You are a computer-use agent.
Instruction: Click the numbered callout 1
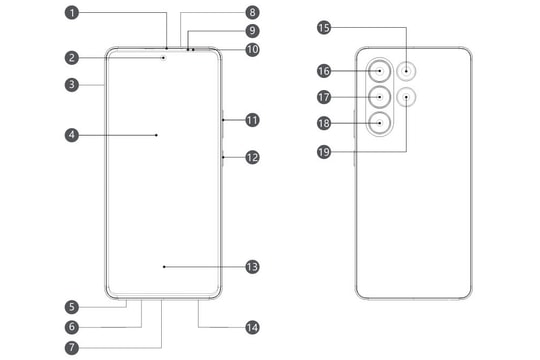point(73,13)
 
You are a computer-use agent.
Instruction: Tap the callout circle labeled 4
point(73,133)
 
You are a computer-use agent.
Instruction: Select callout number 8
point(252,13)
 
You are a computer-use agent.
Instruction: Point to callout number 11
point(252,120)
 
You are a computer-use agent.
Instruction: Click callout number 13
point(252,267)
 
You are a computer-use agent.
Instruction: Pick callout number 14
point(252,327)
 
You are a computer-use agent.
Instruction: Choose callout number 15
point(323,29)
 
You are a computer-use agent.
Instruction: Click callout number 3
point(73,85)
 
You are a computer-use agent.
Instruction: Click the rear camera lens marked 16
point(381,72)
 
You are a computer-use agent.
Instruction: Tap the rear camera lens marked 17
point(381,97)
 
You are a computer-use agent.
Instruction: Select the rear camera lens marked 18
point(381,123)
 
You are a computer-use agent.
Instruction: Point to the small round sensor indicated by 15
point(407,72)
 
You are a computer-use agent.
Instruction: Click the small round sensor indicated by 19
point(407,98)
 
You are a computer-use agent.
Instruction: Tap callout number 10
point(252,48)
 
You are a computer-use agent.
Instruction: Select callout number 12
point(252,157)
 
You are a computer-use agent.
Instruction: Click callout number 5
point(73,307)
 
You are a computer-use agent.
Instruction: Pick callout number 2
point(73,58)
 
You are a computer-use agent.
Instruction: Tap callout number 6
point(73,327)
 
